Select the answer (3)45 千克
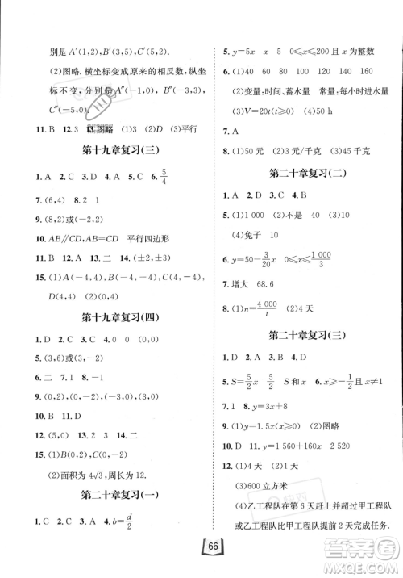point(354,149)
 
